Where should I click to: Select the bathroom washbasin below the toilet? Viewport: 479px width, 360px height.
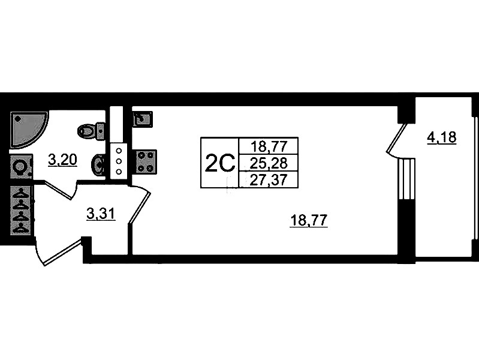coord(98,163)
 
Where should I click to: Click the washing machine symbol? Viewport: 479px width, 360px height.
coord(21,166)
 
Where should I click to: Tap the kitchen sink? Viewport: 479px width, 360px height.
coord(142,119)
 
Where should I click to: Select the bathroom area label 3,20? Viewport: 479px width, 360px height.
coord(62,159)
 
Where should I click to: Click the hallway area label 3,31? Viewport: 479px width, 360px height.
coord(101,214)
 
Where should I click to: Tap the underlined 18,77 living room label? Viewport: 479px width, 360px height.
coord(308,220)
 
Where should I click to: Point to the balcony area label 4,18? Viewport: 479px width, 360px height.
coord(441,139)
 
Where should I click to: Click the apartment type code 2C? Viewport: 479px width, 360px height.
coord(219,163)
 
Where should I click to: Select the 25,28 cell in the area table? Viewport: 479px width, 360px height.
coord(269,163)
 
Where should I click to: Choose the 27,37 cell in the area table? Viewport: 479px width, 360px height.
coord(269,180)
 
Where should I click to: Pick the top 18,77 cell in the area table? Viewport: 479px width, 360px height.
coord(269,145)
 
